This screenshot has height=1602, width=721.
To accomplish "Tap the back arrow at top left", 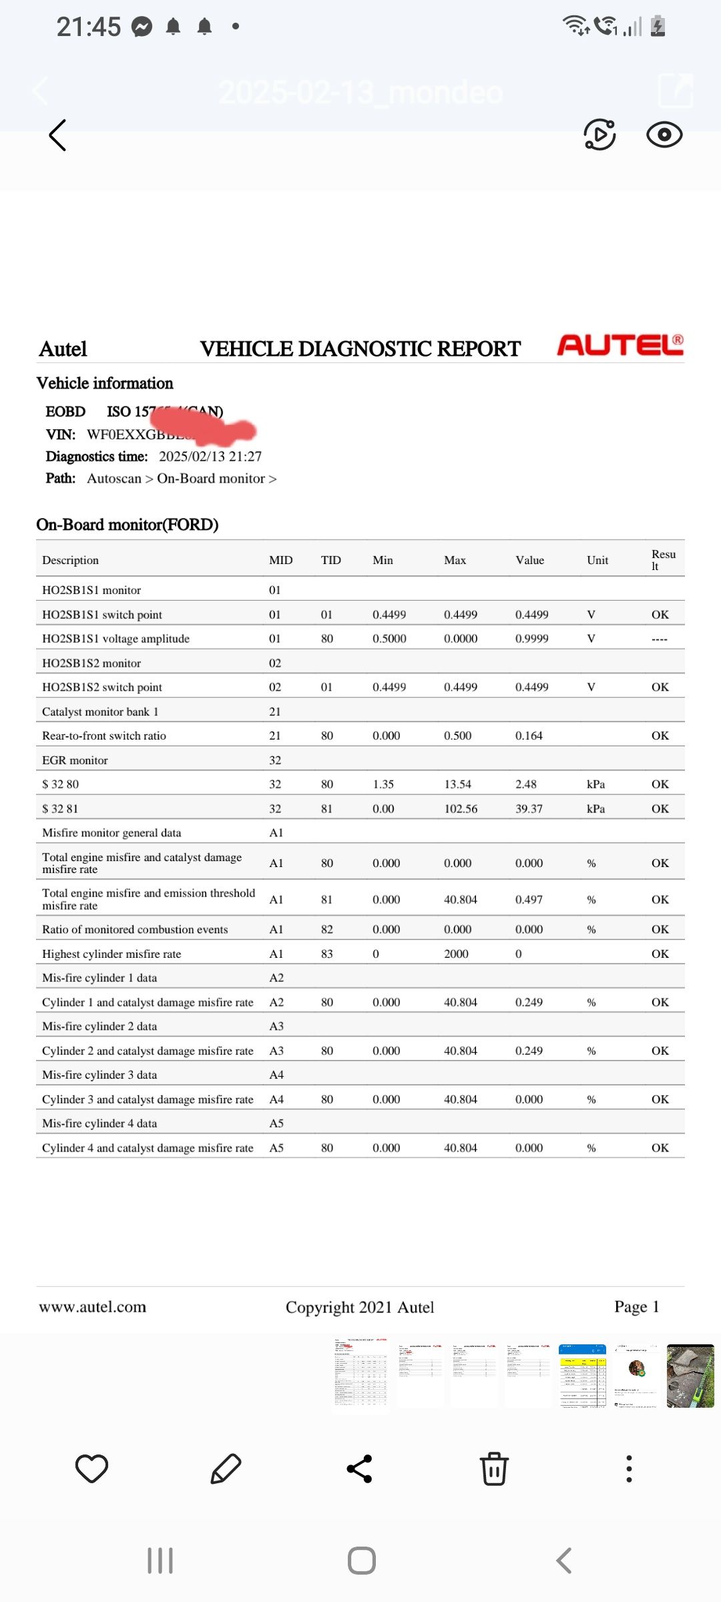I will tap(58, 136).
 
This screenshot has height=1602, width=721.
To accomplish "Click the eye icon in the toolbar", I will tap(664, 135).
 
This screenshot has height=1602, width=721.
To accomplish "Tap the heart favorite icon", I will tap(91, 1468).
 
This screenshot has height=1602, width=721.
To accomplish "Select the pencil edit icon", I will tap(226, 1468).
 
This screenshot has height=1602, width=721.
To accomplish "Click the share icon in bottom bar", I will tap(360, 1468).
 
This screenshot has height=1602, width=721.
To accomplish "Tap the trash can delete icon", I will tap(494, 1468).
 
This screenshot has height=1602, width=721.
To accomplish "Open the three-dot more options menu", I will tap(629, 1468).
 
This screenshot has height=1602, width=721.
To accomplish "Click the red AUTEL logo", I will tap(620, 344).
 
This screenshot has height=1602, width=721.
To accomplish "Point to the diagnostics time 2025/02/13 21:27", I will tap(210, 457).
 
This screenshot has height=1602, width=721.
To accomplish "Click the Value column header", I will tap(529, 560).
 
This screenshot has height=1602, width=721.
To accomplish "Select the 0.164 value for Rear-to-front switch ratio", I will tap(529, 736).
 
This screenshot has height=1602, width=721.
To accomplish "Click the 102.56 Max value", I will tap(461, 808).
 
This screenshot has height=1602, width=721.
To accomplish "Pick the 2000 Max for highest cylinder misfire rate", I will tap(457, 954).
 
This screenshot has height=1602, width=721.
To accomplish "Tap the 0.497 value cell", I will tap(529, 900).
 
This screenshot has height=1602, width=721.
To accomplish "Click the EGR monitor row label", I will tap(75, 760).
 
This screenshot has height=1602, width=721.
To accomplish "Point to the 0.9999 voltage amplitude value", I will tap(531, 639).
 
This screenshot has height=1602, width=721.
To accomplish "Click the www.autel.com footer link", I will tap(92, 1307).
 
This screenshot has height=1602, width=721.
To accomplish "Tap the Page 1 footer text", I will tap(636, 1307).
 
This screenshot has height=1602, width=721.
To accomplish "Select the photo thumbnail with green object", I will tap(690, 1376).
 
